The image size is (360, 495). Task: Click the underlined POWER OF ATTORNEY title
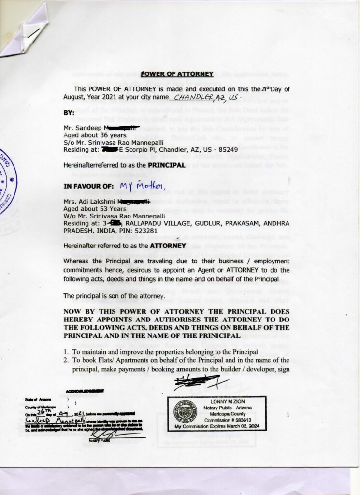pos(177,74)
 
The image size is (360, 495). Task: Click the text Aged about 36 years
pos(95,135)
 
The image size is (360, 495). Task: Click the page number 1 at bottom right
pos(287,415)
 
